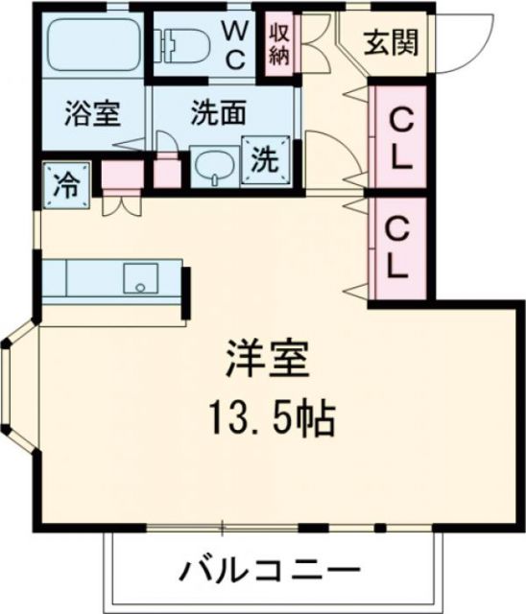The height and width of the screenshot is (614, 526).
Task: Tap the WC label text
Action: [235, 44]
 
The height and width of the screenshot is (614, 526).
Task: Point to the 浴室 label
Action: [92, 115]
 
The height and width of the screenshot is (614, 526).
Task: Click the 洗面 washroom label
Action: [217, 113]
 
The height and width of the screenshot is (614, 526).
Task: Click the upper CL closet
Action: [399, 139]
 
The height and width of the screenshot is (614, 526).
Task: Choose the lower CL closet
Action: [398, 247]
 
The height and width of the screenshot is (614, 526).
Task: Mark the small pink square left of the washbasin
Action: [167, 174]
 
